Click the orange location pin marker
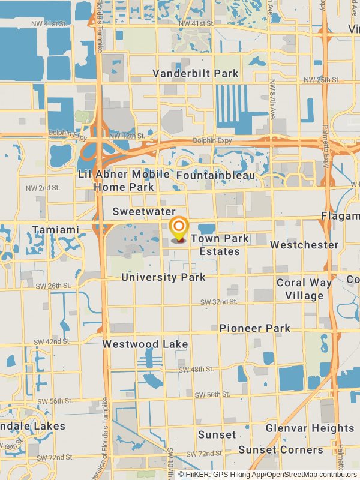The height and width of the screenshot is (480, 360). click(x=179, y=229)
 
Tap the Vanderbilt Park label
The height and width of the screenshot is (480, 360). click(x=195, y=74)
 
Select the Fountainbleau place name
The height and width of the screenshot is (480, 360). click(x=215, y=175)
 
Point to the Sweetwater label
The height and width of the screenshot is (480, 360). click(x=144, y=212)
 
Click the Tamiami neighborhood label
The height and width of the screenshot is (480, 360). click(x=56, y=230)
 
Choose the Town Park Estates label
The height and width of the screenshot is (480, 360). click(x=220, y=245)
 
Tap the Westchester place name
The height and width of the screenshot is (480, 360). click(x=304, y=245)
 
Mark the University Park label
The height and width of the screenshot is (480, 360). click(x=163, y=277)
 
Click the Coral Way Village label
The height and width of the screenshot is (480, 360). click(x=304, y=289)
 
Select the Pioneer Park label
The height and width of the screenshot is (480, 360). click(x=254, y=328)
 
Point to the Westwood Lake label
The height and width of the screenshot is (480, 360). click(x=145, y=344)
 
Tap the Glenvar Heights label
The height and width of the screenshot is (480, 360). click(x=310, y=428)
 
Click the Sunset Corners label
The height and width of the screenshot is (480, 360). click(x=280, y=449)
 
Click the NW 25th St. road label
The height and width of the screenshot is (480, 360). click(x=322, y=80)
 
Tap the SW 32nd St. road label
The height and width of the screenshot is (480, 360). click(x=215, y=302)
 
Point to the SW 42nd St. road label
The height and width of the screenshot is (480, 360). click(x=49, y=341)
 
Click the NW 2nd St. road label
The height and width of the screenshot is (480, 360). click(x=43, y=188)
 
